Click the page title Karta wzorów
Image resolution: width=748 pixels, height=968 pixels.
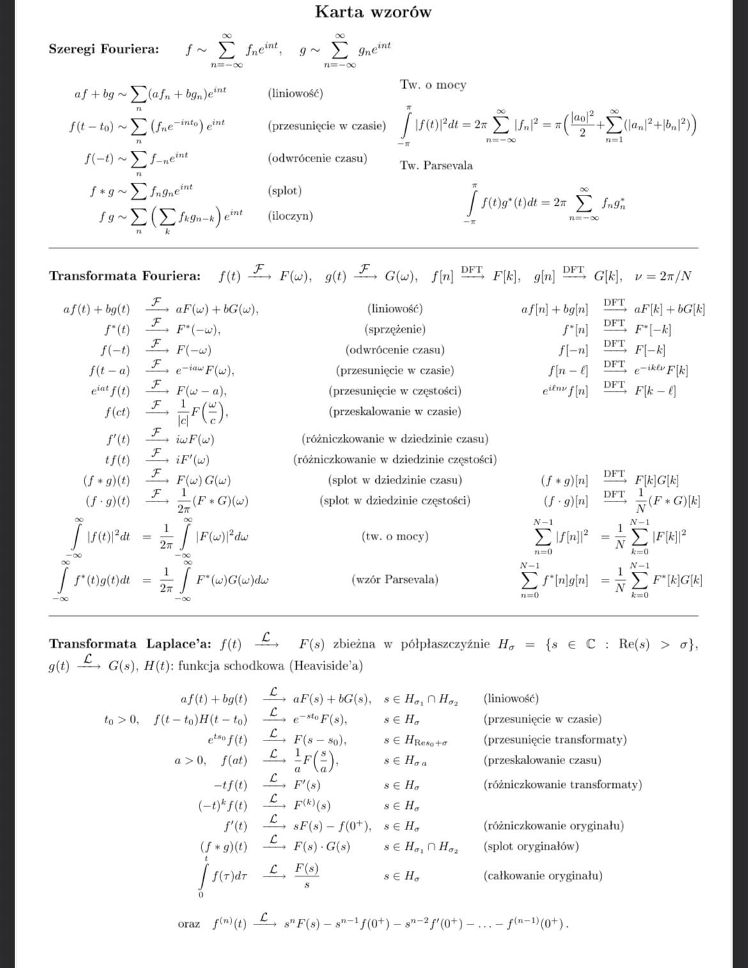(373, 12)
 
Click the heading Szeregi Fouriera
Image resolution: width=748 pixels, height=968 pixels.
(104, 49)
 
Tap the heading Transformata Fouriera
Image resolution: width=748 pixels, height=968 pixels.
(125, 276)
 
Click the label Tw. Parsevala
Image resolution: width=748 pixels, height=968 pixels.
(437, 165)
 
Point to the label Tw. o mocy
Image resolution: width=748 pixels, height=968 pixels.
(433, 85)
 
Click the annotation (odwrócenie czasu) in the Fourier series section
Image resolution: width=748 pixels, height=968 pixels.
(317, 158)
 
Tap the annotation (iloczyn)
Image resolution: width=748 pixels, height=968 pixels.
(290, 216)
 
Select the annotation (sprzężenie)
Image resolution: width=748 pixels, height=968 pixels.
(394, 330)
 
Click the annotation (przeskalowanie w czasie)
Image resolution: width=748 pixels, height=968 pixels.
(394, 411)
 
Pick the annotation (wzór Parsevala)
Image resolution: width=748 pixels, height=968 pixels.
(394, 580)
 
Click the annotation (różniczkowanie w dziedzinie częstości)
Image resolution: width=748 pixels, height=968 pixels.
(394, 459)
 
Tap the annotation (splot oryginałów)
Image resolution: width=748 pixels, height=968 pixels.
(531, 846)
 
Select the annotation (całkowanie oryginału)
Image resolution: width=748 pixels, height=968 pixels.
(543, 875)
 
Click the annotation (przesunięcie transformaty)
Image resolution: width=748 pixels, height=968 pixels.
(554, 739)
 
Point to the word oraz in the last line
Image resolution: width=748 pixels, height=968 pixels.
(189, 924)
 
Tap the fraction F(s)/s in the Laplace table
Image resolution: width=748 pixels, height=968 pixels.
(307, 875)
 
